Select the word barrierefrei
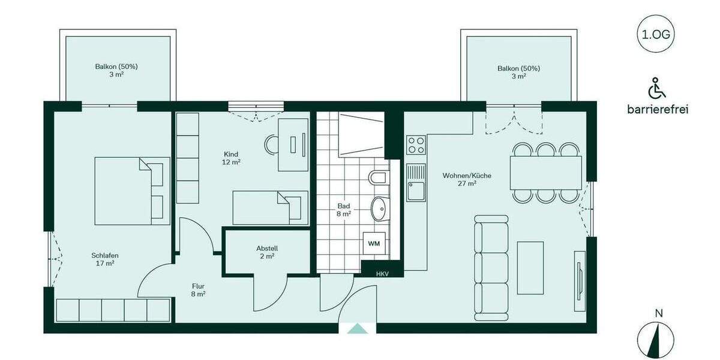(658, 109)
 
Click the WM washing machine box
(374, 244)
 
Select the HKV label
(382, 274)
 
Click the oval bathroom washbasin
(379, 209)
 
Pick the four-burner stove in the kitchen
(416, 145)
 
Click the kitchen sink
(415, 183)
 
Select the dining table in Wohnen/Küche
(546, 173)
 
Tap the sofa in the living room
(491, 267)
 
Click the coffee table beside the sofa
(530, 268)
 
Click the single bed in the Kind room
(270, 208)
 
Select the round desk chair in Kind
(272, 144)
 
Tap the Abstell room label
(267, 252)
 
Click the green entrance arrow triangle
(358, 328)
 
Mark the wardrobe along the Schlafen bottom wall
(113, 310)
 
